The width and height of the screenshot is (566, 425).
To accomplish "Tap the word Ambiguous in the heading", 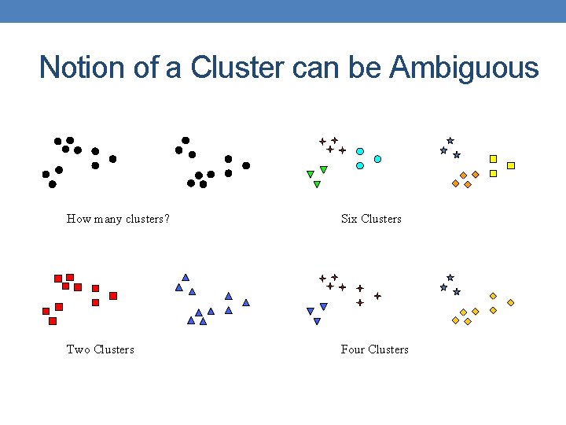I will (464, 68).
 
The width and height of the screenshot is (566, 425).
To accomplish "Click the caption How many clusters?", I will (118, 219).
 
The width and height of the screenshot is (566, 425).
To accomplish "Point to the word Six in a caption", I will (349, 219).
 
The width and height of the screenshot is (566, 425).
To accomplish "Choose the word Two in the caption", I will (78, 349).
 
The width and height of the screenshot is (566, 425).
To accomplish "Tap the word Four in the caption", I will (352, 349).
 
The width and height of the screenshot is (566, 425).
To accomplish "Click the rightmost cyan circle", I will (377, 159).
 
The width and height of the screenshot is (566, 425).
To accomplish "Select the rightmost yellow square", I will (511, 165).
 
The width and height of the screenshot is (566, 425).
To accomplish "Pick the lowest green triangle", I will (317, 185).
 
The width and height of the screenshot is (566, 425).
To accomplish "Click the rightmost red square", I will (113, 296).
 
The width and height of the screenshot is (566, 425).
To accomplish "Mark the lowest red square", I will (53, 321).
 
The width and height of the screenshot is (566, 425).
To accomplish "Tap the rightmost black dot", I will (246, 165).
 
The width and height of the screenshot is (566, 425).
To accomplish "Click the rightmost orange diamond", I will (511, 302).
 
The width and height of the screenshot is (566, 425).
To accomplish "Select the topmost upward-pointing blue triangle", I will (186, 277).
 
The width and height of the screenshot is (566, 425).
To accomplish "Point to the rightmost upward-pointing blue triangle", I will (246, 302).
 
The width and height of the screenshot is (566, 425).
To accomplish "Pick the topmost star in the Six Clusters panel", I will (450, 140).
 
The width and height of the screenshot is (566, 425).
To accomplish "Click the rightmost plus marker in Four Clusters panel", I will (377, 296).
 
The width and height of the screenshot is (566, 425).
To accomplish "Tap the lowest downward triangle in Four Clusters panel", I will (317, 321).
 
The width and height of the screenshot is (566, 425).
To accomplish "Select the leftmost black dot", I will (46, 174).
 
